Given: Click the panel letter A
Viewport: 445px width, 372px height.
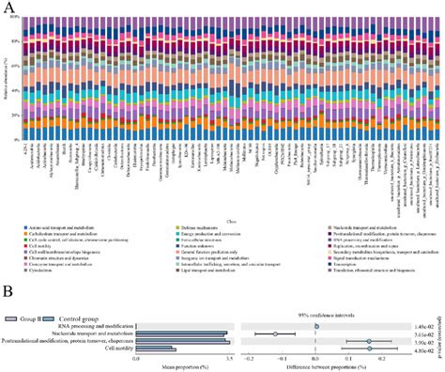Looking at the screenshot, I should pyautogui.click(x=11, y=8).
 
